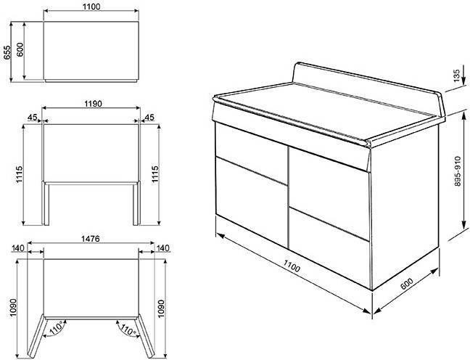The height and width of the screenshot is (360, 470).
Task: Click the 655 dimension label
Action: click(7, 52)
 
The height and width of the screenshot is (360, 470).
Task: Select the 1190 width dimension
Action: click(93, 104)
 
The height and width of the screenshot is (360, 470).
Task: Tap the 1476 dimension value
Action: click(91, 239)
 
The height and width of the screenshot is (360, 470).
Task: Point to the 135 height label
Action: click(457, 75)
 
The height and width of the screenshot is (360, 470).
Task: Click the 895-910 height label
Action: click(458, 171)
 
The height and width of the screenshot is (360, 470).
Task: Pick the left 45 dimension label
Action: click(32, 117)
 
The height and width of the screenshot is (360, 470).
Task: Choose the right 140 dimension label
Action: click(163, 248)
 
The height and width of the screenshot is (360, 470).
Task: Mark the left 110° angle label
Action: click(57, 327)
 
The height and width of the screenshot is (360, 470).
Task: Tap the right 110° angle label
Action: click(128, 329)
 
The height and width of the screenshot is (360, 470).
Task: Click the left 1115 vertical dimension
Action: click(19, 174)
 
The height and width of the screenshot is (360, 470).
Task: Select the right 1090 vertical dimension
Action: click(161, 308)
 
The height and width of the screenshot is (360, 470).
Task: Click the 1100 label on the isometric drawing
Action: click(292, 266)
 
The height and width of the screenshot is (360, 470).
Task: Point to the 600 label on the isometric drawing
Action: click(407, 284)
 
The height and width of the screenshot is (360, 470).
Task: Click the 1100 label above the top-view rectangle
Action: click(91, 7)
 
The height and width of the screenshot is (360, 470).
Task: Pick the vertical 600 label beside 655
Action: click(20, 49)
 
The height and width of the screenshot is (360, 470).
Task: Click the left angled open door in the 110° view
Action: click(36, 337)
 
